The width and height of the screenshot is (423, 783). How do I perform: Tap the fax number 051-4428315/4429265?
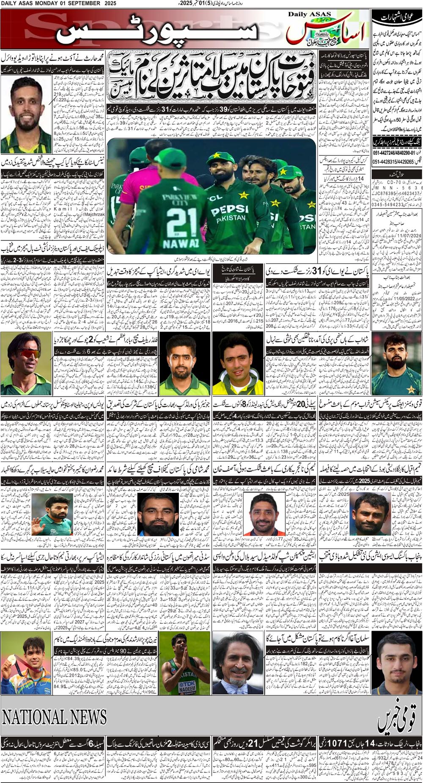coord(393,162)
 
